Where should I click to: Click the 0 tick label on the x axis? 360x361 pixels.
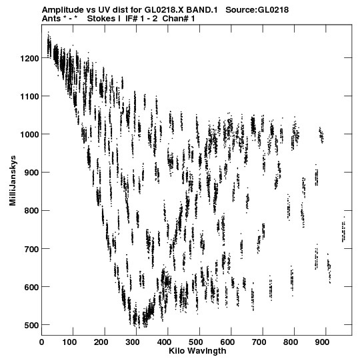click(41, 342)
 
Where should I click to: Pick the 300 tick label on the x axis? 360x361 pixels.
click(136, 342)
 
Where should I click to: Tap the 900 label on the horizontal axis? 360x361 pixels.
click(322, 342)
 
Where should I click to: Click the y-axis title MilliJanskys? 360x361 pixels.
click(13, 180)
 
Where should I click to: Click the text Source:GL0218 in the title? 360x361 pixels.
click(257, 10)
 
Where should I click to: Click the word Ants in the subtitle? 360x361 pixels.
click(51, 19)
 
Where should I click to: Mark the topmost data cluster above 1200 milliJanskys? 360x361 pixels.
click(49, 45)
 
